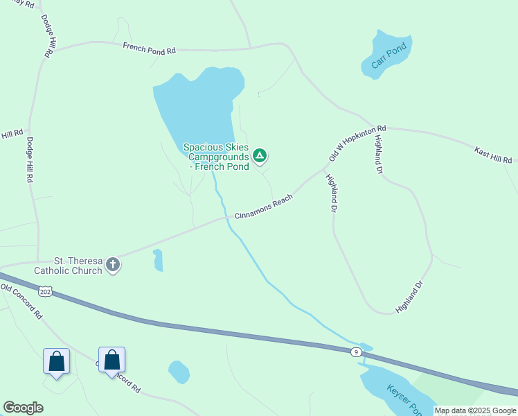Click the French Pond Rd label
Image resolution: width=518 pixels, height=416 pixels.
[x=150, y=48]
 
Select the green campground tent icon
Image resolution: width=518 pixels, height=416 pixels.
[x=260, y=155]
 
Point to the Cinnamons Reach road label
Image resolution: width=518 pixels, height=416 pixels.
[x=264, y=207]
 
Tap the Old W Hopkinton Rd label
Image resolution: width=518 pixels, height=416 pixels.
[x=357, y=144]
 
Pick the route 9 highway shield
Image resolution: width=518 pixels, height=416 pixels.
[x=355, y=352]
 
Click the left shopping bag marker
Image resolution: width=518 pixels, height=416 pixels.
[x=56, y=361]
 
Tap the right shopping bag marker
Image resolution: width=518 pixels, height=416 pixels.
[x=111, y=360]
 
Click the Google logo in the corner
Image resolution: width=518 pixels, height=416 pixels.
[x=24, y=408]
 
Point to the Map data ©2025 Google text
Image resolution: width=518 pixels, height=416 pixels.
[x=475, y=410]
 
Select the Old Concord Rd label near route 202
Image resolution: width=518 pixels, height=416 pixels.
[x=21, y=302]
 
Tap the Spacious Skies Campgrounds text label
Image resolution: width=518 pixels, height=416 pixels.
[x=215, y=157]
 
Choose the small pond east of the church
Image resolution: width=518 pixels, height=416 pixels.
[x=158, y=260]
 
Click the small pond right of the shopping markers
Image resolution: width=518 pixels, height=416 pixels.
[x=179, y=372]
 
